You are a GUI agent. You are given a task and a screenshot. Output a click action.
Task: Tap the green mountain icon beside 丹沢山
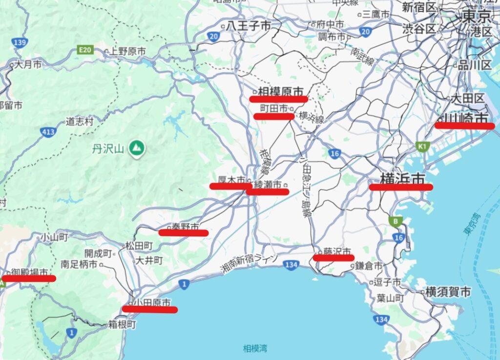(x=137, y=148)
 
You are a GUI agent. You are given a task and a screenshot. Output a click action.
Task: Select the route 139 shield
(x=20, y=42)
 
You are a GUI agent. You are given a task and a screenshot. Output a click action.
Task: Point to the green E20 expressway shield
(x=85, y=49)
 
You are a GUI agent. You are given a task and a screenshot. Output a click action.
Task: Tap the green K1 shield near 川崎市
(x=422, y=146)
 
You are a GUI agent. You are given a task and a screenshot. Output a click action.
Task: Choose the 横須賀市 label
(x=448, y=292)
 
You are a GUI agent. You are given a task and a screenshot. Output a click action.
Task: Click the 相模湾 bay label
(x=255, y=348)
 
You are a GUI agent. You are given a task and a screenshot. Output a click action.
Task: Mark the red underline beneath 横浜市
(x=400, y=187)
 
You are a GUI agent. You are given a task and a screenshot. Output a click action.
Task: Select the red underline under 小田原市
(x=149, y=309)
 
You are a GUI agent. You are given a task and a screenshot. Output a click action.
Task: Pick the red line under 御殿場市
(x=29, y=278)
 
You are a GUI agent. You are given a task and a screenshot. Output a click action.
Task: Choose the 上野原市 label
(x=125, y=51)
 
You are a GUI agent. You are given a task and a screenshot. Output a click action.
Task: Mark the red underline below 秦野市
(x=183, y=233)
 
